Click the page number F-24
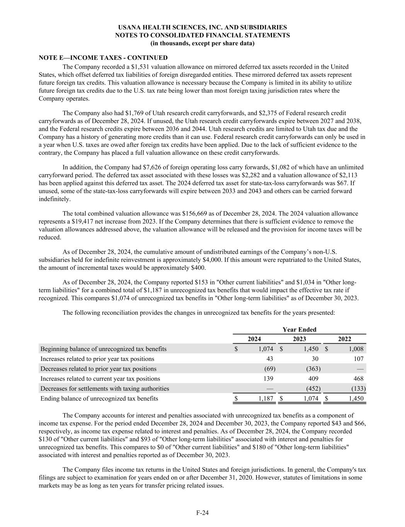coord(202,513)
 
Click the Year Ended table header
coord(299,329)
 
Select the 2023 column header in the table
coord(299,339)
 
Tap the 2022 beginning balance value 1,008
coord(356,349)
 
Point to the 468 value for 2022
coord(357,379)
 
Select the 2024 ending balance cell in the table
coord(265,398)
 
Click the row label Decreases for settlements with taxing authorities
coord(105,388)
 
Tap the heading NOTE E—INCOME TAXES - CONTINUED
coord(103,58)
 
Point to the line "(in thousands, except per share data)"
coord(202,43)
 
